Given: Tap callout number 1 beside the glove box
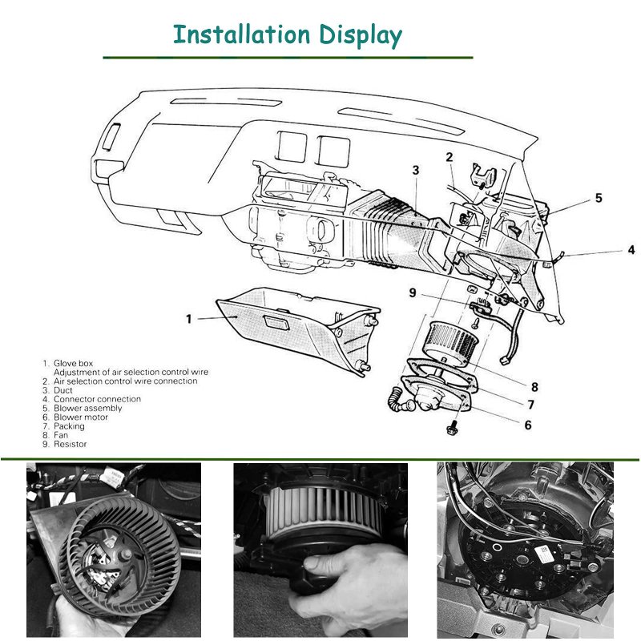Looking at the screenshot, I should pyautogui.click(x=189, y=319).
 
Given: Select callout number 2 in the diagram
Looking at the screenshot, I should pyautogui.click(x=450, y=157).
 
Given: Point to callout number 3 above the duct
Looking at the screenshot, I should pyautogui.click(x=416, y=170).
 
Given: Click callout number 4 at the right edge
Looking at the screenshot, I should pyautogui.click(x=631, y=250).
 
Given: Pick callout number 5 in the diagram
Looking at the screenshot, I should pyautogui.click(x=598, y=198).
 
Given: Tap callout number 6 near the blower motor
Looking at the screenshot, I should pyautogui.click(x=528, y=425).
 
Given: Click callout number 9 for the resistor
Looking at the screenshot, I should pyautogui.click(x=413, y=293).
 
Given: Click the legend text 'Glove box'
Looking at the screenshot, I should pyautogui.click(x=73, y=364).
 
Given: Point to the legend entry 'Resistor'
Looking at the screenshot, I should pyautogui.click(x=70, y=444).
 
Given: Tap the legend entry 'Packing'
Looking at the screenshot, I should pyautogui.click(x=69, y=426).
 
